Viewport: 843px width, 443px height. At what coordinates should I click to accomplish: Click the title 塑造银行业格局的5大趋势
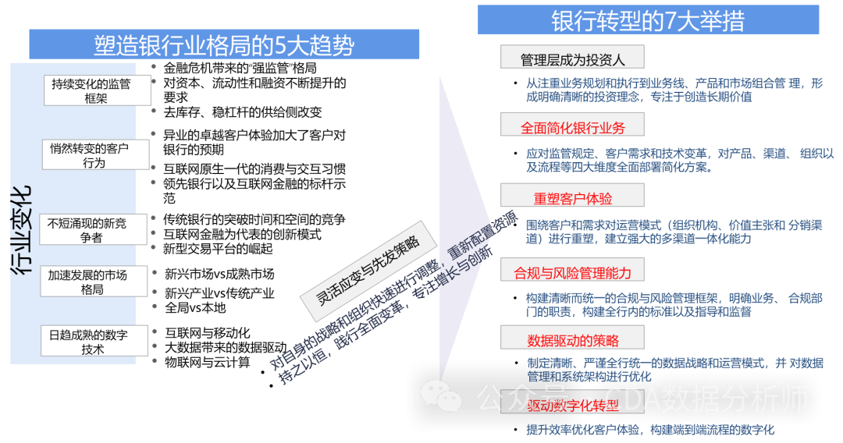click(224, 45)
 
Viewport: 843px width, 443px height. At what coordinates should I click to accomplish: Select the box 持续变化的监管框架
click(97, 90)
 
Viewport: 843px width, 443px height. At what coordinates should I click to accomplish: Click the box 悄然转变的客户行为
click(96, 154)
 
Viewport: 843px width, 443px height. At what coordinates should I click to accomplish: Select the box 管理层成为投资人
click(572, 59)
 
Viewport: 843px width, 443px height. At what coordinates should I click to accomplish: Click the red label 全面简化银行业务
click(572, 126)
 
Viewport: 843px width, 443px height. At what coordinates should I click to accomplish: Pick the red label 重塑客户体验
click(572, 198)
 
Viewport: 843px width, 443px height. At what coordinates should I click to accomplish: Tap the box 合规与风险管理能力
click(572, 271)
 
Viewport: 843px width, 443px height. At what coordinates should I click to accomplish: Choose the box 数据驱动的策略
click(572, 340)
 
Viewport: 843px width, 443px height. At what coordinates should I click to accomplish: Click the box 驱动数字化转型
click(572, 406)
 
